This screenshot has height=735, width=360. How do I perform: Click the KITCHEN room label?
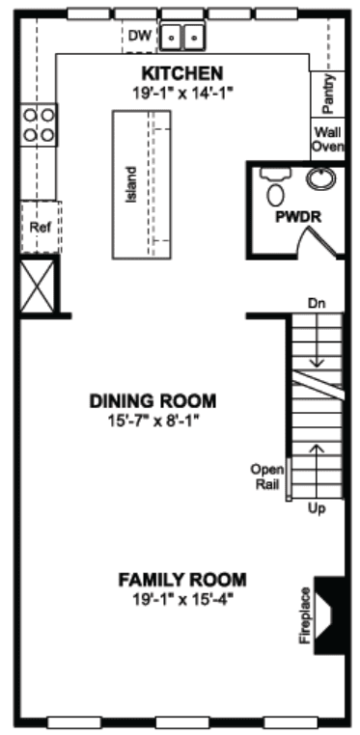182,73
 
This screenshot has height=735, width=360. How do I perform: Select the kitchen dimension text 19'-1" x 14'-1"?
182,92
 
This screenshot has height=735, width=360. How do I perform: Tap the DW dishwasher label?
138,35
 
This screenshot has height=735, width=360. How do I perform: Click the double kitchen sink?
182,36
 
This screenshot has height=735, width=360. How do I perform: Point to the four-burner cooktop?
39,124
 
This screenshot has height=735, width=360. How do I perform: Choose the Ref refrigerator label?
40,228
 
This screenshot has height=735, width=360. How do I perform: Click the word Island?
131,184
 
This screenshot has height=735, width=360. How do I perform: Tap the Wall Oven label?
328,139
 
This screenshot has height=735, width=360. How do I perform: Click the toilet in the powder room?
276,187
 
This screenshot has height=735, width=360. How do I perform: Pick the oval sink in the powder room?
321,178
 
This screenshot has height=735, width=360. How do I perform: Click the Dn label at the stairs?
317,304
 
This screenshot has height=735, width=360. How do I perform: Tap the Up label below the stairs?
317,508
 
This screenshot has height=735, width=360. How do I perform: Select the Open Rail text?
267,476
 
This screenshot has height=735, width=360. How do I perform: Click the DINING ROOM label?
153,401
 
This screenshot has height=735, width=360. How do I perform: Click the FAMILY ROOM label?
182,580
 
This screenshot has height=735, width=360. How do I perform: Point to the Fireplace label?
306,614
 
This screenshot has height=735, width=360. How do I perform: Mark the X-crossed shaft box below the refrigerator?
38,286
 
